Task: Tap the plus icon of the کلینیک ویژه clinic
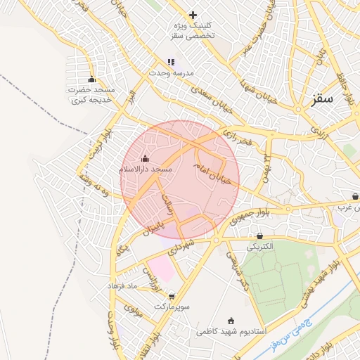click(x=193, y=15)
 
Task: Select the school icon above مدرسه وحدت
click(x=171, y=62)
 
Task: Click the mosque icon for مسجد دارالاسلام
click(x=146, y=158)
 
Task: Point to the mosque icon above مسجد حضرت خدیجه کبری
click(x=91, y=79)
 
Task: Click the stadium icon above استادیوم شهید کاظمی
click(x=232, y=320)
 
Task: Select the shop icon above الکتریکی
click(x=261, y=236)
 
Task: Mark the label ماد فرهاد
click(x=125, y=286)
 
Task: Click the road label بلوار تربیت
click(x=86, y=150)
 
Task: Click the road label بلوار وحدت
click(x=112, y=330)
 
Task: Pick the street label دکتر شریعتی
click(x=236, y=274)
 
